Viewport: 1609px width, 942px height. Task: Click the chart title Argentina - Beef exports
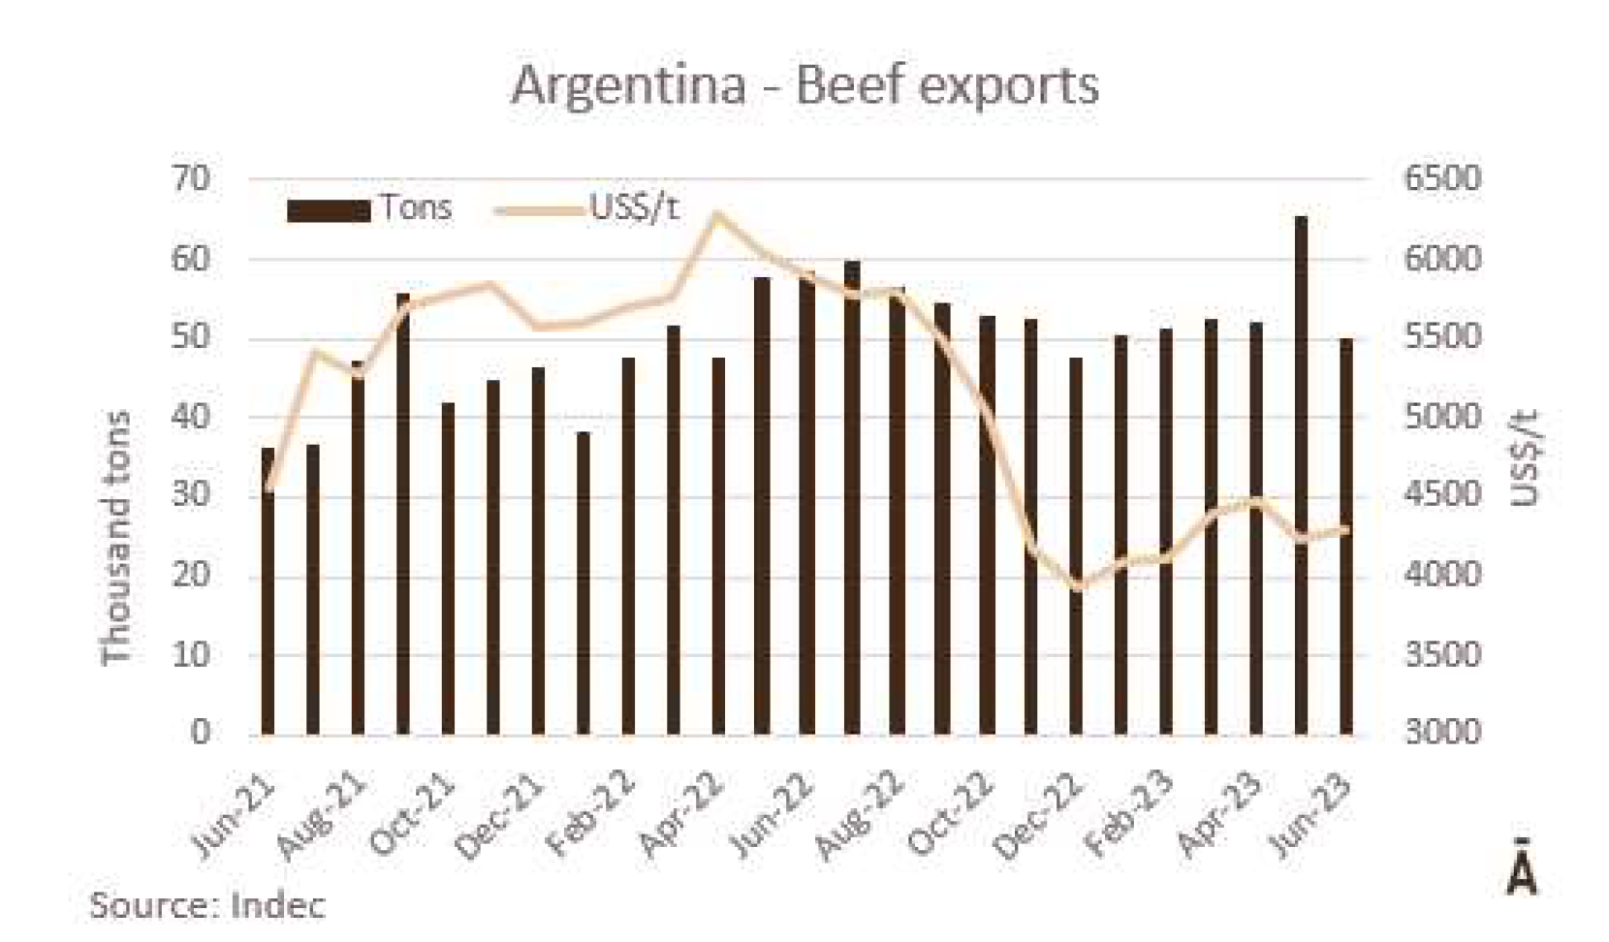[x=804, y=85]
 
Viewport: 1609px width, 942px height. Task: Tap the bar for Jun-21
[x=268, y=591]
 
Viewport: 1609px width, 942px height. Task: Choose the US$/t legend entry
[x=587, y=208]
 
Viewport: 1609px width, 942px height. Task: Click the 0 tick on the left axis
[x=200, y=732]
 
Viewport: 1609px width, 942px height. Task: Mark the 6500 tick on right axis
[x=1442, y=179]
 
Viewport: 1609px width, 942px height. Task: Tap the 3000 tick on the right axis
[x=1442, y=732]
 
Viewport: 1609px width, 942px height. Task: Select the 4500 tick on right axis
[x=1442, y=495]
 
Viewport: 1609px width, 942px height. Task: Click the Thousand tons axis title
[x=116, y=538]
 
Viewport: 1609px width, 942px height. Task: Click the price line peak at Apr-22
[x=717, y=214]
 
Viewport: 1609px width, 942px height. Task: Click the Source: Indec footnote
[x=207, y=905]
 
